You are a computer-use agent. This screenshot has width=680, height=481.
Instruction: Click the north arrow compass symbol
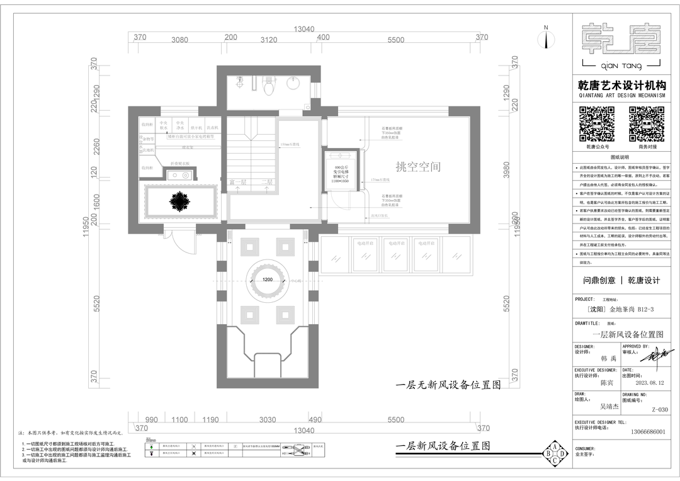(546, 39)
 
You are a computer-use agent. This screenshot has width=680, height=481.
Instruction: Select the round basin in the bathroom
(293, 82)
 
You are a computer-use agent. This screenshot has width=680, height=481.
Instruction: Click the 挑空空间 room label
(418, 167)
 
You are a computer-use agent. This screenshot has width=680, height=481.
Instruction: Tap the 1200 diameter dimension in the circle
(267, 280)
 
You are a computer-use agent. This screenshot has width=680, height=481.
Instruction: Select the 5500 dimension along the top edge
(395, 40)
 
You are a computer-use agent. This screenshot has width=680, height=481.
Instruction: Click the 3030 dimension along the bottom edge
(267, 420)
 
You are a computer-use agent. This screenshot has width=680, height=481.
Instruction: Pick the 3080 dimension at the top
(179, 40)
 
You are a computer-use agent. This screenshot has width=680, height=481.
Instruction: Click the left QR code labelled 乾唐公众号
(596, 124)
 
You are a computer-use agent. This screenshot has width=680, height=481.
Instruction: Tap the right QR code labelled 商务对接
(646, 124)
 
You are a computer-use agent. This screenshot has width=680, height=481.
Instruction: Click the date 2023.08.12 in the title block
(649, 382)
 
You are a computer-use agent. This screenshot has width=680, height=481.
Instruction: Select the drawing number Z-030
(659, 410)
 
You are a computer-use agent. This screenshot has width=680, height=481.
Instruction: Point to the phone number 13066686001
(643, 433)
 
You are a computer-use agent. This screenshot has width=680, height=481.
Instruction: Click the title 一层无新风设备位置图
(448, 385)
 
